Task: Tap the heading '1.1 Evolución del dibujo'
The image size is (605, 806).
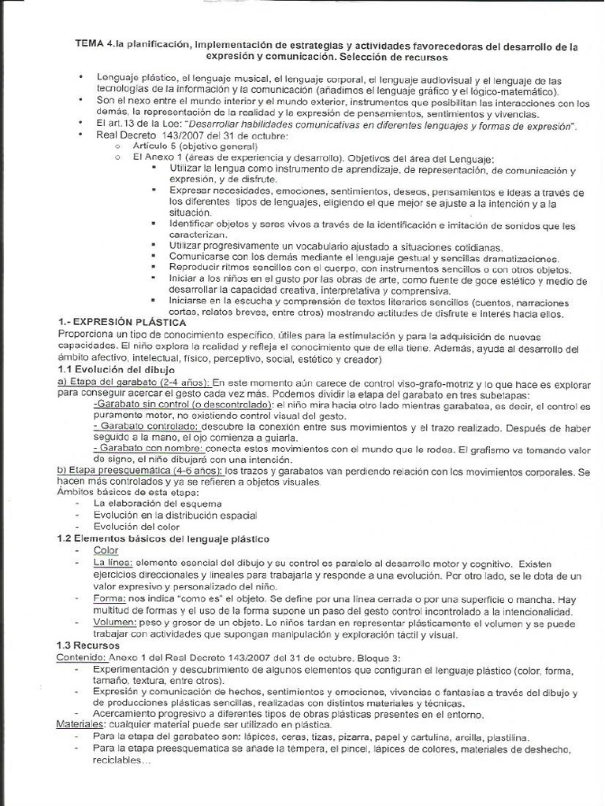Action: pos(117,369)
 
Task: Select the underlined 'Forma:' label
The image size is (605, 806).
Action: pos(110,598)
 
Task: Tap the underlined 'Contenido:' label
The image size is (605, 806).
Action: pos(84,656)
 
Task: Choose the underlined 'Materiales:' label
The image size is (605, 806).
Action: pos(85,725)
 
